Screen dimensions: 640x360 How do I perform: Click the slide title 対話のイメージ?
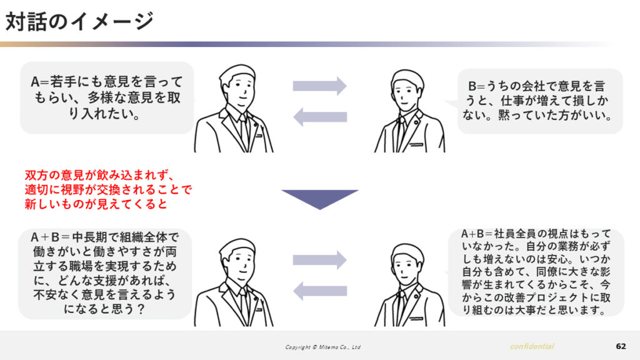point(79,21)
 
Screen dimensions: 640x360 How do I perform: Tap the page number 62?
point(621,346)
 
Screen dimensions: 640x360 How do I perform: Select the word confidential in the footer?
point(532,346)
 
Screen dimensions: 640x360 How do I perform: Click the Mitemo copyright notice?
point(323,347)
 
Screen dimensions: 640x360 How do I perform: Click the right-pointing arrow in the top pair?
point(319,86)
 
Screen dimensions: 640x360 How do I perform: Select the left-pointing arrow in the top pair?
point(319,117)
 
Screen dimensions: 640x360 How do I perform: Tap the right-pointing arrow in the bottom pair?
point(319,260)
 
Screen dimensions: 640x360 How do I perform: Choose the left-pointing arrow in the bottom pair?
point(319,291)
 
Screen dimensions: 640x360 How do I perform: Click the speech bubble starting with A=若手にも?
point(107,97)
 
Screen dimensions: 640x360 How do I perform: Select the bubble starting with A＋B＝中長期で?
point(105,273)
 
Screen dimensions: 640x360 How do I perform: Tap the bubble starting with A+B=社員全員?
point(536,272)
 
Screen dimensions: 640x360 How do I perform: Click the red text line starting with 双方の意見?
point(99,175)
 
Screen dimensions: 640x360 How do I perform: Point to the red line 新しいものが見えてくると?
point(96,204)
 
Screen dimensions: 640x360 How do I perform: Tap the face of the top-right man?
point(406,95)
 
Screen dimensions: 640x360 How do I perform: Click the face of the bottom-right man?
point(406,269)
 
